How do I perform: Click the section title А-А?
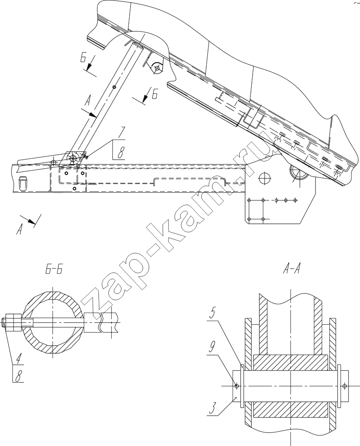pyautogui.click(x=291, y=269)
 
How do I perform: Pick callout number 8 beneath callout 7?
pyautogui.click(x=120, y=153)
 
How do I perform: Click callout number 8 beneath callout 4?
pyautogui.click(x=19, y=377)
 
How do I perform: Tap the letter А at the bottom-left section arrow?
pyautogui.click(x=19, y=229)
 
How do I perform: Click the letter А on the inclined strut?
pyautogui.click(x=88, y=100)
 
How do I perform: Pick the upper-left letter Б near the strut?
pyautogui.click(x=83, y=58)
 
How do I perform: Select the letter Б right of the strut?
pyautogui.click(x=155, y=94)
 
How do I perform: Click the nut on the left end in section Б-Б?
pyautogui.click(x=13, y=322)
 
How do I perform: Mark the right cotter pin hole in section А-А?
pyautogui.click(x=345, y=386)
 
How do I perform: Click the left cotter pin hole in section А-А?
pyautogui.click(x=237, y=386)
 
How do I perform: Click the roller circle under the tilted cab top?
pyautogui.click(x=156, y=68)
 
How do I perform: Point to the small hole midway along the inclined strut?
pyautogui.click(x=114, y=87)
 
